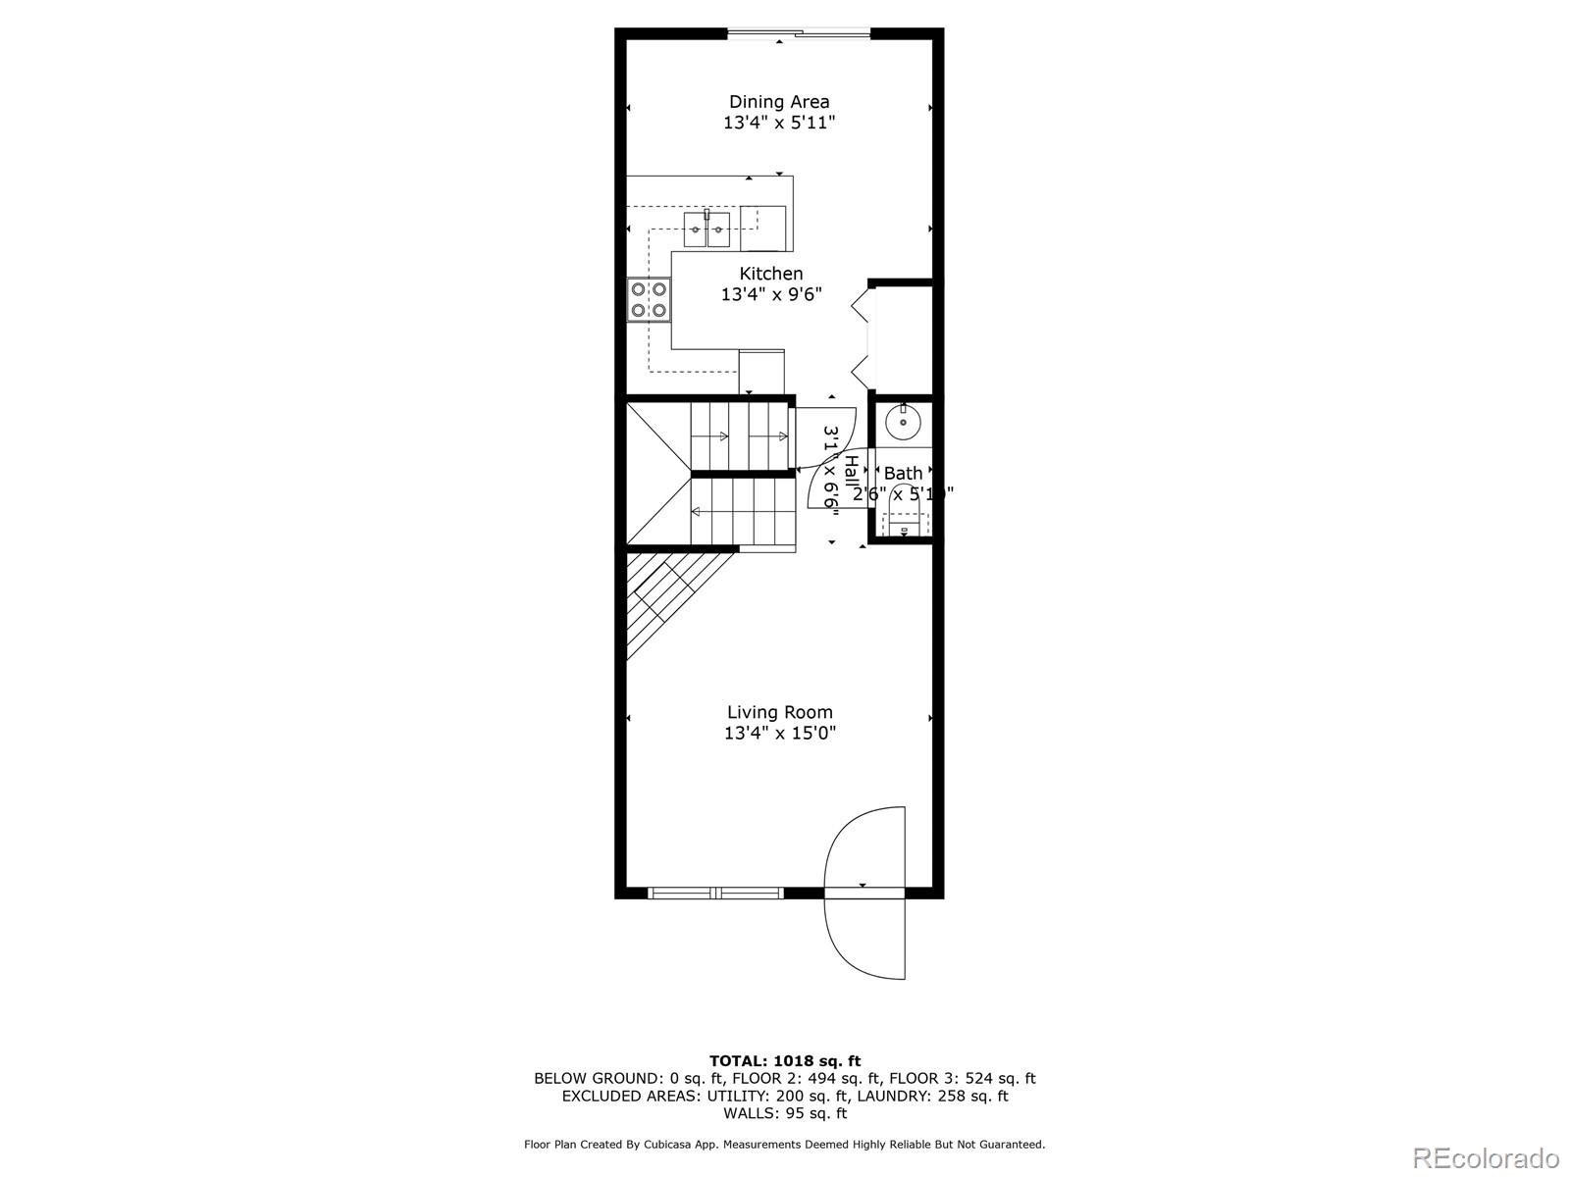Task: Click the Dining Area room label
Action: [779, 102]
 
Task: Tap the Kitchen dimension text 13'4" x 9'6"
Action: [771, 294]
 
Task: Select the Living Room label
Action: [780, 712]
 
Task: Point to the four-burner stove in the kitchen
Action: [650, 300]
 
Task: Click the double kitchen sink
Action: [706, 230]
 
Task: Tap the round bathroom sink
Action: [903, 423]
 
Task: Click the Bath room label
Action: [903, 474]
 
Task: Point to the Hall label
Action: [851, 472]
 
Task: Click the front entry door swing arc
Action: [863, 893]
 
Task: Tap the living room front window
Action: [715, 893]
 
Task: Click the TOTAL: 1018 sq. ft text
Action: [785, 1060]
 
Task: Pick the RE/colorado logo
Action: [1486, 1157]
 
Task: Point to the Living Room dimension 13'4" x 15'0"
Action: [780, 734]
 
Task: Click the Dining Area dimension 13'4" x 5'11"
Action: [779, 124]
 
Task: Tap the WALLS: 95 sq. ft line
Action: [785, 1113]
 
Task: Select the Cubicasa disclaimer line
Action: [785, 1144]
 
